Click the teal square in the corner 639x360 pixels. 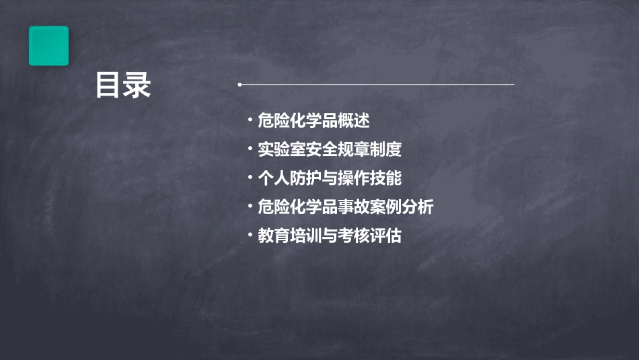48,46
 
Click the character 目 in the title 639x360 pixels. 108,85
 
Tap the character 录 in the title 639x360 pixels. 137,85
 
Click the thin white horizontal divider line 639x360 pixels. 377,85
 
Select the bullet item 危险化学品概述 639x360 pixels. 313,120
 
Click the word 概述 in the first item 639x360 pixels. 356,120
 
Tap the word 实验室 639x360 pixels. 279,149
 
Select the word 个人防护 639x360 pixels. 286,178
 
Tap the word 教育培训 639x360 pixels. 286,236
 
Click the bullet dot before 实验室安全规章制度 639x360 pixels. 250,149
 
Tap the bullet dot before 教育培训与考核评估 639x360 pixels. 250,236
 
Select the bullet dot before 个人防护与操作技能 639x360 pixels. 250,178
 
